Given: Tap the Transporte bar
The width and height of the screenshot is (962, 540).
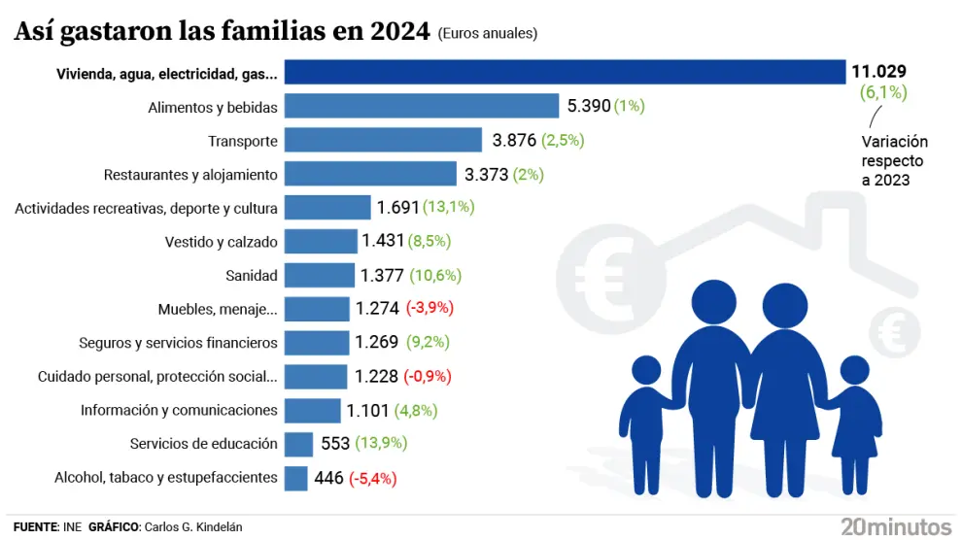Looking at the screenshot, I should (x=383, y=140).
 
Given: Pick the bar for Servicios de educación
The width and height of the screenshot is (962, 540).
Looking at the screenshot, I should (x=298, y=444).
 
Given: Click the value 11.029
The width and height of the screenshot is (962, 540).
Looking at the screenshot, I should (x=879, y=71).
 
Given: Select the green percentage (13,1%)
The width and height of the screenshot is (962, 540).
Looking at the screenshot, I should (x=449, y=207).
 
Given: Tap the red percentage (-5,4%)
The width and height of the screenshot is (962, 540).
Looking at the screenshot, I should (x=373, y=478).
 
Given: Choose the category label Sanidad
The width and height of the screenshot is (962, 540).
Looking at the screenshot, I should (x=252, y=276).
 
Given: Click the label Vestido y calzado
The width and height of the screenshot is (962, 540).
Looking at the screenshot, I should (x=222, y=242).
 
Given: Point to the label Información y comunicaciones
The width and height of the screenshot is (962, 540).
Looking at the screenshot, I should (x=179, y=410).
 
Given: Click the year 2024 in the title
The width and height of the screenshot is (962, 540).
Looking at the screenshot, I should (x=400, y=31).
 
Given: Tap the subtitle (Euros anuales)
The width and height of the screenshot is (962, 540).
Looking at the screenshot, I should (x=488, y=33).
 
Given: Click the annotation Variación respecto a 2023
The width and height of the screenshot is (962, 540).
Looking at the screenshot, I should (x=894, y=160).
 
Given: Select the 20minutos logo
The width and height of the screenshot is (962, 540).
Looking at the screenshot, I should (x=885, y=526).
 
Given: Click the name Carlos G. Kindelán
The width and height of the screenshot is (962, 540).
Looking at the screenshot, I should (x=193, y=526).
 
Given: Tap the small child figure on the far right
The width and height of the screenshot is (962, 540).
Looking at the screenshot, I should (x=854, y=427).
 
